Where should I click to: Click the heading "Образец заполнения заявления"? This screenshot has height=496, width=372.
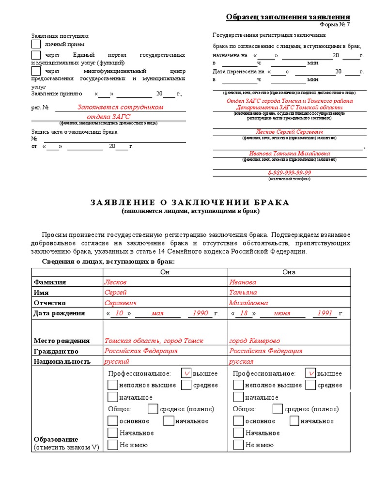pos(288,17)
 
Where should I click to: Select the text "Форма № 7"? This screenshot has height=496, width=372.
pos(335,25)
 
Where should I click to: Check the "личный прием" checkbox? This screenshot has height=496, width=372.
pos(36,45)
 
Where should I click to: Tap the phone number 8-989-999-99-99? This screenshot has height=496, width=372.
pos(290,173)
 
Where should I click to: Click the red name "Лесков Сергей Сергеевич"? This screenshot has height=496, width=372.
pos(290,132)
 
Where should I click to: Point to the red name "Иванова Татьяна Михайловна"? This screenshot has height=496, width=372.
pos(290,153)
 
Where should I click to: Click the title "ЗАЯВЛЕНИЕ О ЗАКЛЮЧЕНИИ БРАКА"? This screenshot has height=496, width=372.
pos(190,202)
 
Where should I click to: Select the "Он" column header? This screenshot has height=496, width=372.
pos(165,272)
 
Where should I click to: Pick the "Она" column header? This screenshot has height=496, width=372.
pos(289,272)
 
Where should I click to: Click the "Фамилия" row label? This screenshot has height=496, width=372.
pos(50,282)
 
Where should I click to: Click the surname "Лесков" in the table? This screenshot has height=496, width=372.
pos(115,282)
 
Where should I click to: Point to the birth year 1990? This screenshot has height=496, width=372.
pos(200,313)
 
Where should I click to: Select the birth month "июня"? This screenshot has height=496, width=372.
pos(282,313)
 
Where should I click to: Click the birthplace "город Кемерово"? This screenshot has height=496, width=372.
pos(255,341)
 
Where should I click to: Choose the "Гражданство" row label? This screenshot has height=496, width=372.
pos(56,351)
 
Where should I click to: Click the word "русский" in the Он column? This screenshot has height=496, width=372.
pos(117,361)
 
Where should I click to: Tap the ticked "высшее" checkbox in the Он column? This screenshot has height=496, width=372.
pos(186,373)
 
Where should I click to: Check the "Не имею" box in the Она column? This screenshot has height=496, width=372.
pos(238,445)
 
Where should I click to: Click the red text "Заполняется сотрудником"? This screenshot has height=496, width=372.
pos(121,107)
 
